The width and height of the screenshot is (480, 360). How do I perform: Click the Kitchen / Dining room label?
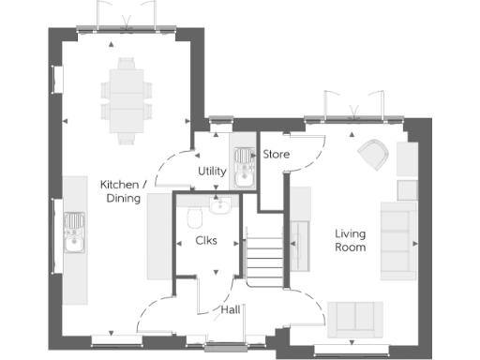121,191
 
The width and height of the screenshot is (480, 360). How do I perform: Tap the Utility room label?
211,172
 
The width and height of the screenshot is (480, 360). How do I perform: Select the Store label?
276,154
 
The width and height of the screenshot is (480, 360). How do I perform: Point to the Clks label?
205,241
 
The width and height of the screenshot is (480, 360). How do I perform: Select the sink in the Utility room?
243,166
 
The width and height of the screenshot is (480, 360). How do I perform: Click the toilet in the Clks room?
195,218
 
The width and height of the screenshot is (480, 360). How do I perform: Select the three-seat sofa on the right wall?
398,239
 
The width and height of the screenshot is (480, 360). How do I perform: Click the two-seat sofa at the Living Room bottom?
353,319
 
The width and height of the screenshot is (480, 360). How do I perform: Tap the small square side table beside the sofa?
406,190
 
